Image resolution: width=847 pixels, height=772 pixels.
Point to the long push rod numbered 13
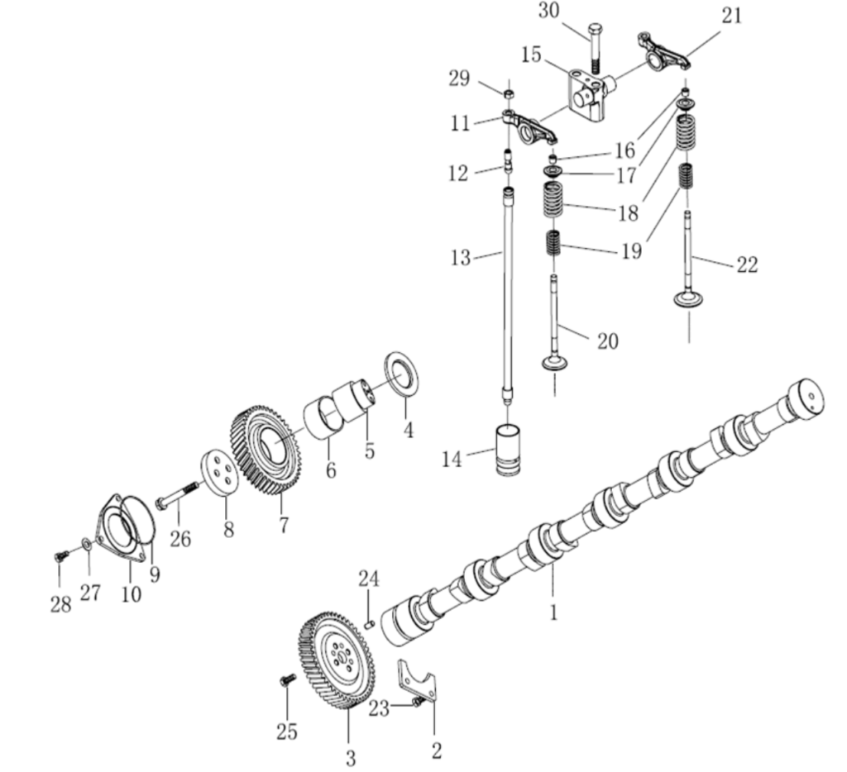507,289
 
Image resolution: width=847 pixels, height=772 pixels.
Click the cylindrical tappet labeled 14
506,450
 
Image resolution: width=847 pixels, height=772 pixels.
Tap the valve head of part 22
689,298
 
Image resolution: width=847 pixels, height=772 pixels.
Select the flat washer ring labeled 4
402,374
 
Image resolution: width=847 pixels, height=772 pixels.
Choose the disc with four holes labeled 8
219,473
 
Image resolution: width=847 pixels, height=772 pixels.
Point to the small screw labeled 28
60,556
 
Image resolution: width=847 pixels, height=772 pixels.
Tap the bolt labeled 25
287,679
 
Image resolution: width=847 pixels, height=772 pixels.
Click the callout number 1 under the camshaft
553,612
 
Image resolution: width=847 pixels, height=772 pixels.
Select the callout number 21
731,15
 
